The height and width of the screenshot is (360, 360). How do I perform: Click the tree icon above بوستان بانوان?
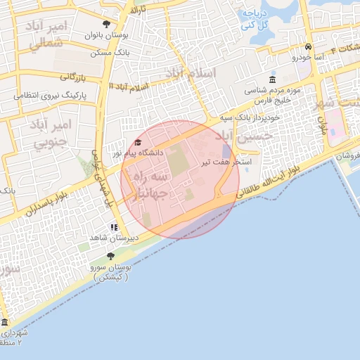coord(106,24)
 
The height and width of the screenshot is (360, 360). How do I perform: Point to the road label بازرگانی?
coord(72,76)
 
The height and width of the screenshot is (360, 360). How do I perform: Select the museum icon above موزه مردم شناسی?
coord(273,79)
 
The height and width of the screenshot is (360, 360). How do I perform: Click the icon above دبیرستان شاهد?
coord(114,227)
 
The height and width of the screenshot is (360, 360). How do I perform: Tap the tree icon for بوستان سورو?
coord(110,256)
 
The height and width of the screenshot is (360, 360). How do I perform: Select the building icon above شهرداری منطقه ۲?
coord(4,322)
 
